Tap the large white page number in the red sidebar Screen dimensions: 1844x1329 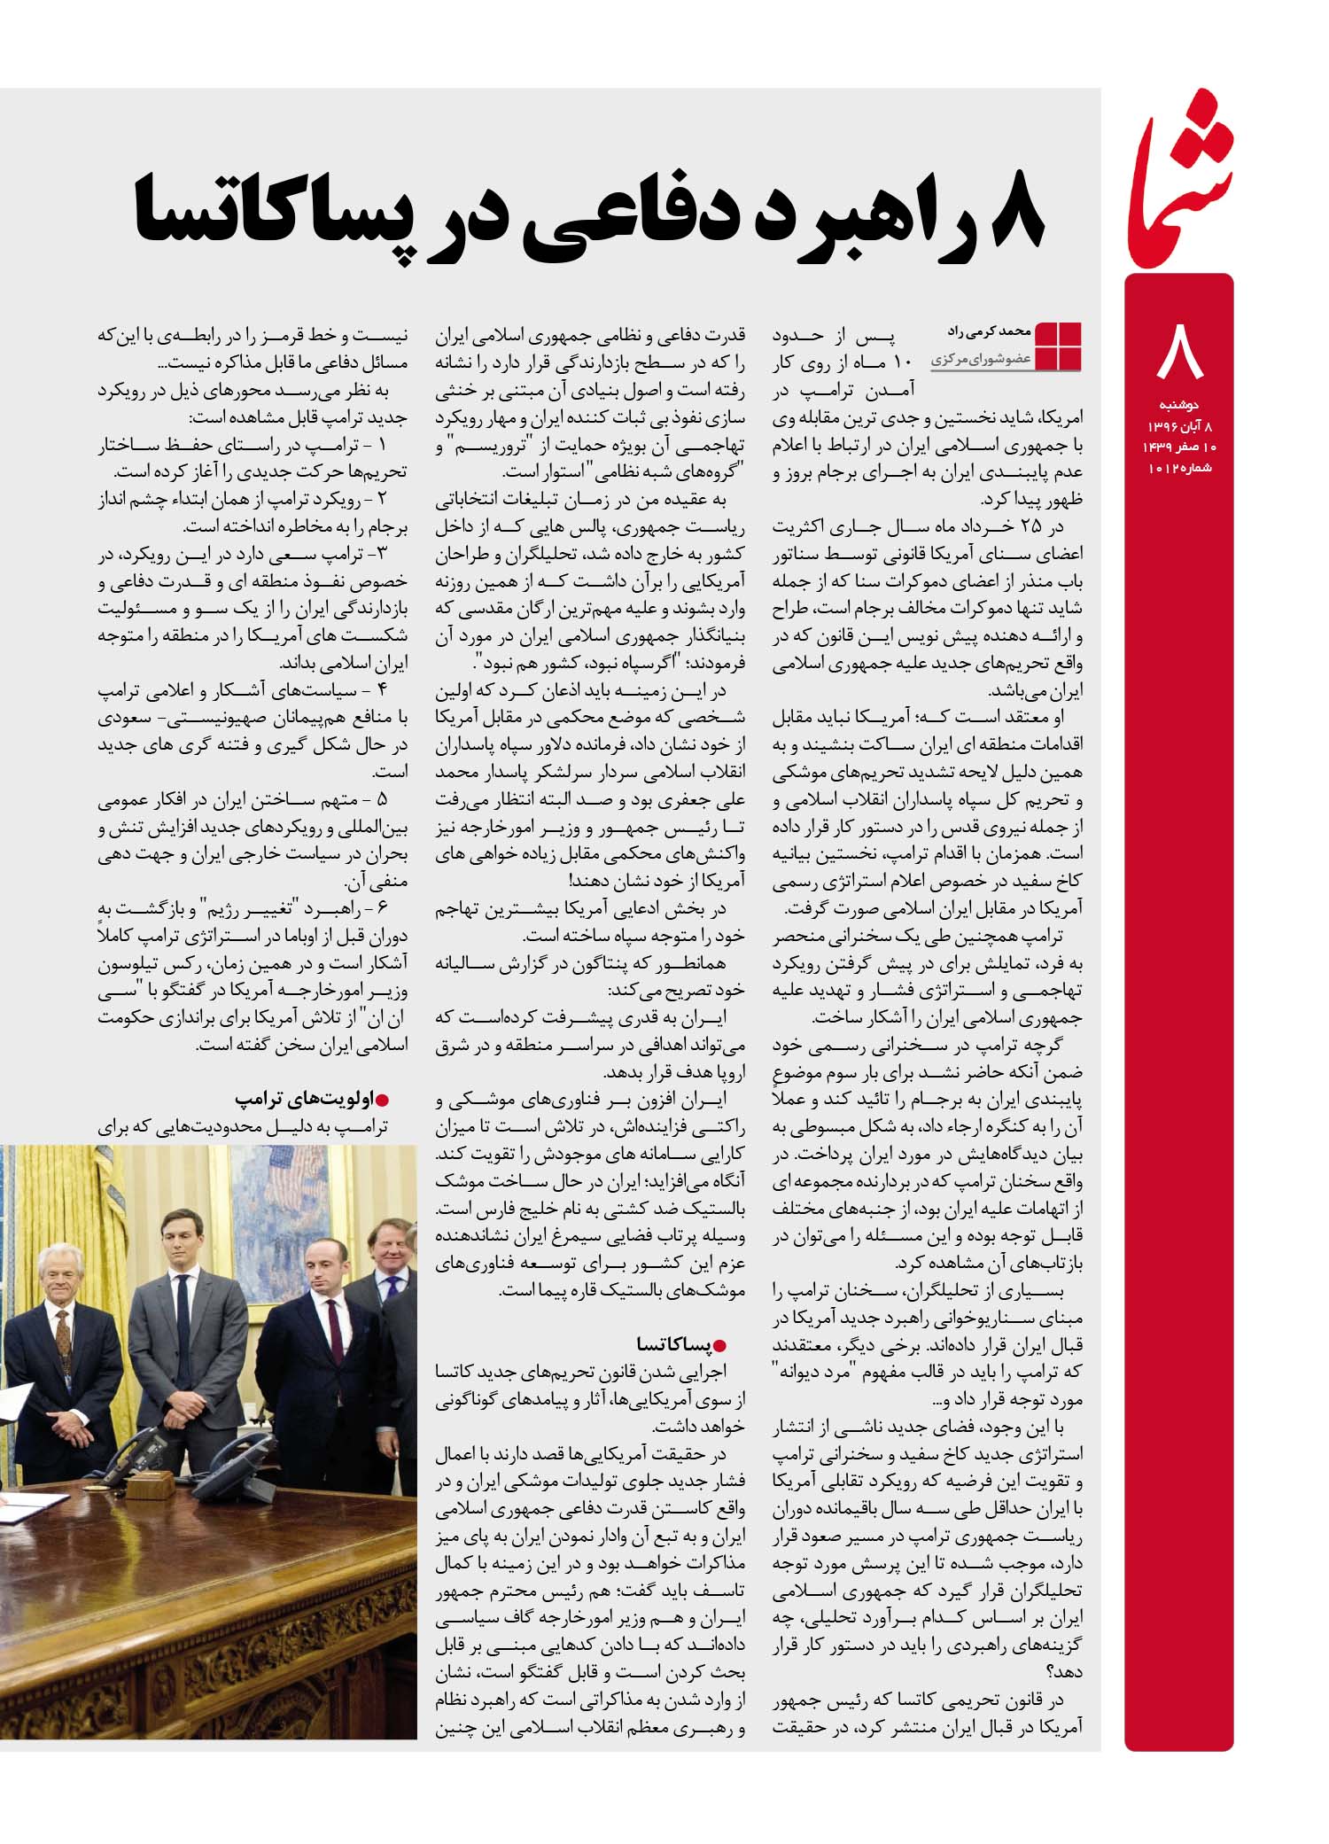(x=1180, y=352)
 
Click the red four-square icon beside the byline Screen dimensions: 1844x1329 (x=1058, y=346)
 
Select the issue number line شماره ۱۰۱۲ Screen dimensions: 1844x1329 (x=1179, y=468)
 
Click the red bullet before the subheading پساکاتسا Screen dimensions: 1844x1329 (x=719, y=1346)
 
